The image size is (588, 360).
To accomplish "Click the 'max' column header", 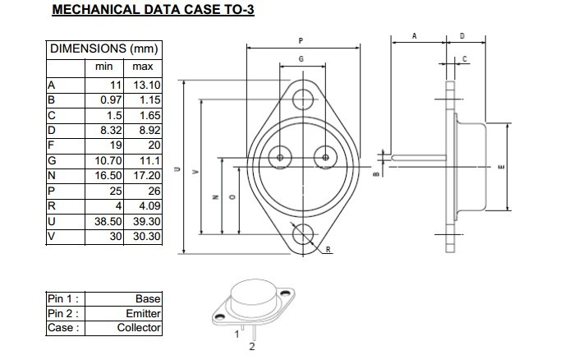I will pyautogui.click(x=143, y=66).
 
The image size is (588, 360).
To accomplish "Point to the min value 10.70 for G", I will pyautogui.click(x=108, y=162).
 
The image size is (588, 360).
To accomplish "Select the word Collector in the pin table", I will pyautogui.click(x=139, y=328).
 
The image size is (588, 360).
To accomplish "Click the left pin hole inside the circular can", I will pyautogui.click(x=281, y=157).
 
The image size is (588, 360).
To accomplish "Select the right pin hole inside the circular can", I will pyautogui.click(x=326, y=157).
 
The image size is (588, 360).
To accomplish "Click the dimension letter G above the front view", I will pyautogui.click(x=301, y=60).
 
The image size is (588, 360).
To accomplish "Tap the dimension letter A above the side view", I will pyautogui.click(x=415, y=36).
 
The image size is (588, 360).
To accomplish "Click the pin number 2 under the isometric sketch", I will pyautogui.click(x=252, y=347).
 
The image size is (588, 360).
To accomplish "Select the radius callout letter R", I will pyautogui.click(x=328, y=249).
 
